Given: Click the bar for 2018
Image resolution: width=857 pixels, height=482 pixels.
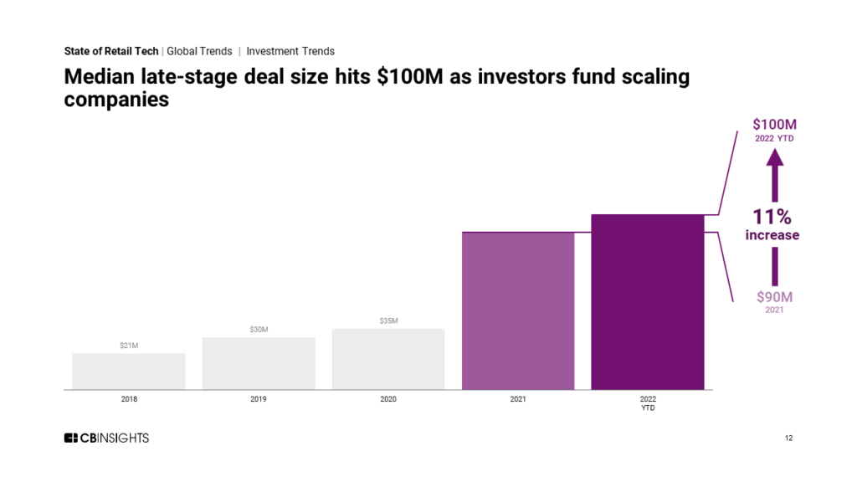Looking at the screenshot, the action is (129, 372).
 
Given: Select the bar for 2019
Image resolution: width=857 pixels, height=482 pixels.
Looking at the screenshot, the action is (259, 363).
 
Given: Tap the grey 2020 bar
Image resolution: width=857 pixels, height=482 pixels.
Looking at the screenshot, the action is (388, 359).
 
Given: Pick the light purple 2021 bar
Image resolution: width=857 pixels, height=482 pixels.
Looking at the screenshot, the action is (518, 311).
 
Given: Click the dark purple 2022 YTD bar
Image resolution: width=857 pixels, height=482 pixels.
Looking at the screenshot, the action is (648, 302).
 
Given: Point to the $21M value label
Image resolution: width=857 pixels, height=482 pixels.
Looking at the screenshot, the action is (129, 346).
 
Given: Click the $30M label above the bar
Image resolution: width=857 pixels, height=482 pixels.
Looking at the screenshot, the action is (259, 330).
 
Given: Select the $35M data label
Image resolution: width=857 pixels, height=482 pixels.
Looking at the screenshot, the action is (388, 320).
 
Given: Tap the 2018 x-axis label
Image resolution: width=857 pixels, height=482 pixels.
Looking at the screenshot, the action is (129, 399).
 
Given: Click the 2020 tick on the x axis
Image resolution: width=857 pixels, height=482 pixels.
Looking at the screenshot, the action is (388, 399).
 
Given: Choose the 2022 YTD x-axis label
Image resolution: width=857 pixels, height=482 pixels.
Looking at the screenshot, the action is (648, 403).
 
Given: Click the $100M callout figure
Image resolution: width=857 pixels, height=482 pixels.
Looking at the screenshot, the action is (774, 125).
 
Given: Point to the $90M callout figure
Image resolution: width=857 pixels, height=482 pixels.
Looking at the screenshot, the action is (774, 297).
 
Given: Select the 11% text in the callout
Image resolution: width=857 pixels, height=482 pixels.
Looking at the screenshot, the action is (772, 217).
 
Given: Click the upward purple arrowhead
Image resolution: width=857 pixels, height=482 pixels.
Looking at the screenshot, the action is (774, 157).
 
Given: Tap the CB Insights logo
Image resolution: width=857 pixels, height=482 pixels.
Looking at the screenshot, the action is (106, 438).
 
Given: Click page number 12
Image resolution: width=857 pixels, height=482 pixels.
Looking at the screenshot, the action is (788, 438).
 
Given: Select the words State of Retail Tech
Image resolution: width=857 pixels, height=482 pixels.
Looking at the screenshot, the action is (111, 51).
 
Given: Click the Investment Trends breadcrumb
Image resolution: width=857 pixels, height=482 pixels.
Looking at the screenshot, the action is (290, 51).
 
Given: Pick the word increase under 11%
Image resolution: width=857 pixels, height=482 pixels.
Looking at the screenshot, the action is (772, 235).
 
